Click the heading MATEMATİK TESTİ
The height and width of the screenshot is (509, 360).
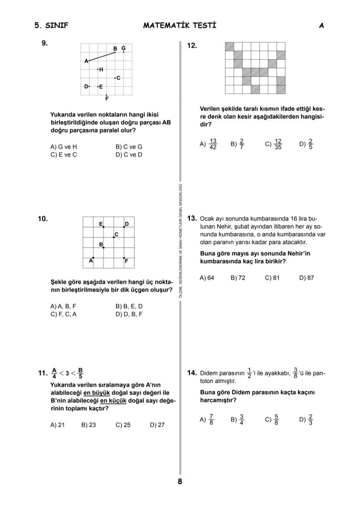[x=180, y=25]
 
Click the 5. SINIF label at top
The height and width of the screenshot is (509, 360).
[x=51, y=25]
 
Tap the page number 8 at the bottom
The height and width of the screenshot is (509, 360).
[x=180, y=481]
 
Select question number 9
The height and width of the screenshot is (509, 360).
[x=44, y=43]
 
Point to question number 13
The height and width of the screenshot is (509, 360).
[x=192, y=218]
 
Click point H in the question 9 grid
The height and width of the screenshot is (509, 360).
[x=98, y=69]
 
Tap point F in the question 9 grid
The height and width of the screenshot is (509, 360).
[x=107, y=95]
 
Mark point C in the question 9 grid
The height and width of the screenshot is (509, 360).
[x=115, y=78]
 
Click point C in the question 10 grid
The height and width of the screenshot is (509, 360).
[x=114, y=237]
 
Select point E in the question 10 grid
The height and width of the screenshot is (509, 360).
[x=103, y=226]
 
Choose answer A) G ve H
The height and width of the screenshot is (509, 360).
[x=63, y=147]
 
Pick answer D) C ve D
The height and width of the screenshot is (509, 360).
[x=129, y=154]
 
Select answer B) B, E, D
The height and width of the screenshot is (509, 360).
[x=129, y=306]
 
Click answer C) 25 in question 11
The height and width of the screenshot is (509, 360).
[x=123, y=425]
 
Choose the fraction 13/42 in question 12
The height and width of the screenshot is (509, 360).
[x=213, y=144]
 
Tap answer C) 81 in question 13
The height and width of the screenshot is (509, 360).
[x=272, y=278]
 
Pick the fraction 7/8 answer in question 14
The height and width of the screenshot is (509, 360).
[x=211, y=419]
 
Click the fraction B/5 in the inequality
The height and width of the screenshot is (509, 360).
[x=80, y=373]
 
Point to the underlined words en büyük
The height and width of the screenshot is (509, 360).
[x=97, y=393]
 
